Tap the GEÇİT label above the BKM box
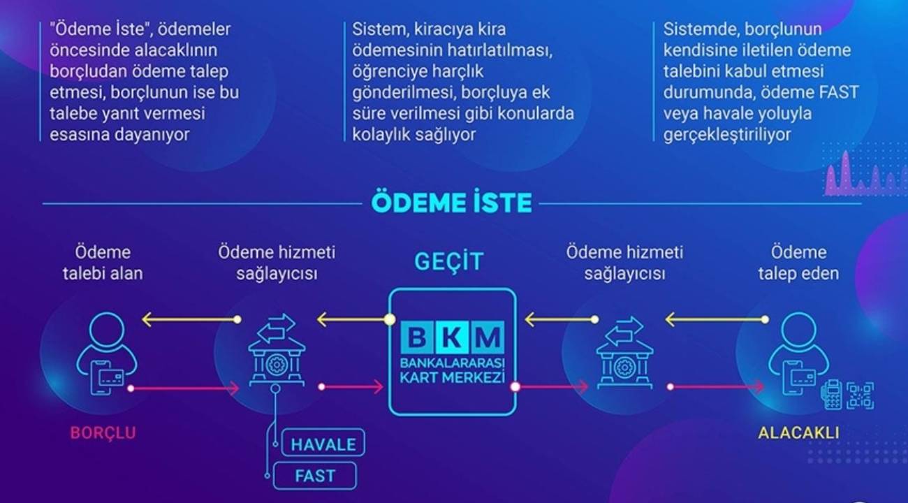[448, 261]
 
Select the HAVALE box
[323, 444]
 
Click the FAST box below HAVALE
[315, 476]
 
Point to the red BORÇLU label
[103, 433]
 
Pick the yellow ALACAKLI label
[798, 433]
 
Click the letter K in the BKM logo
[452, 337]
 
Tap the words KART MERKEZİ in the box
[452, 378]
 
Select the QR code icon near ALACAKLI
[861, 395]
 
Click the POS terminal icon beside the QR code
[831, 395]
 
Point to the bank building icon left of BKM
[277, 350]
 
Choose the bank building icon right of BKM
[624, 352]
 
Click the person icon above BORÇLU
[107, 353]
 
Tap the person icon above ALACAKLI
[798, 353]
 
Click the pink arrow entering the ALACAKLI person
[716, 387]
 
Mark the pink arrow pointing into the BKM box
[351, 387]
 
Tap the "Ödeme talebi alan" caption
[103, 263]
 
